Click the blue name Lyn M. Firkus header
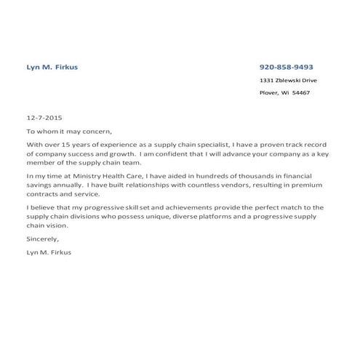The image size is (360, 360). point(52,67)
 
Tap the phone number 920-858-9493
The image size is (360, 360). point(287,67)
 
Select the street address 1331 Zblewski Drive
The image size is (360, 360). point(288,80)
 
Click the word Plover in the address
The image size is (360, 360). point(268,93)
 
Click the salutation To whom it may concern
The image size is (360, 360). point(69,131)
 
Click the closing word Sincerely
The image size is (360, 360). point(42,239)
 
